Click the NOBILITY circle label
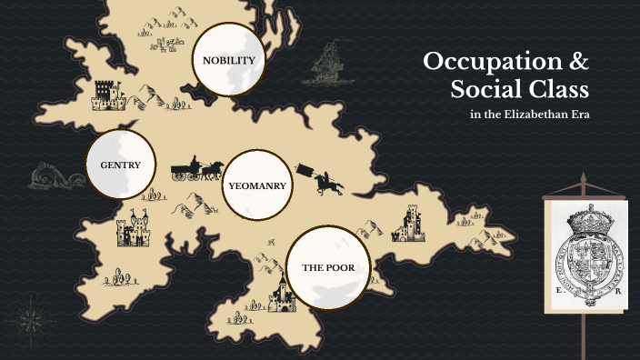228,61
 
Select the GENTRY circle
119,165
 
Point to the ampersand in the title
578,64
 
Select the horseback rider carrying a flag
324,180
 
